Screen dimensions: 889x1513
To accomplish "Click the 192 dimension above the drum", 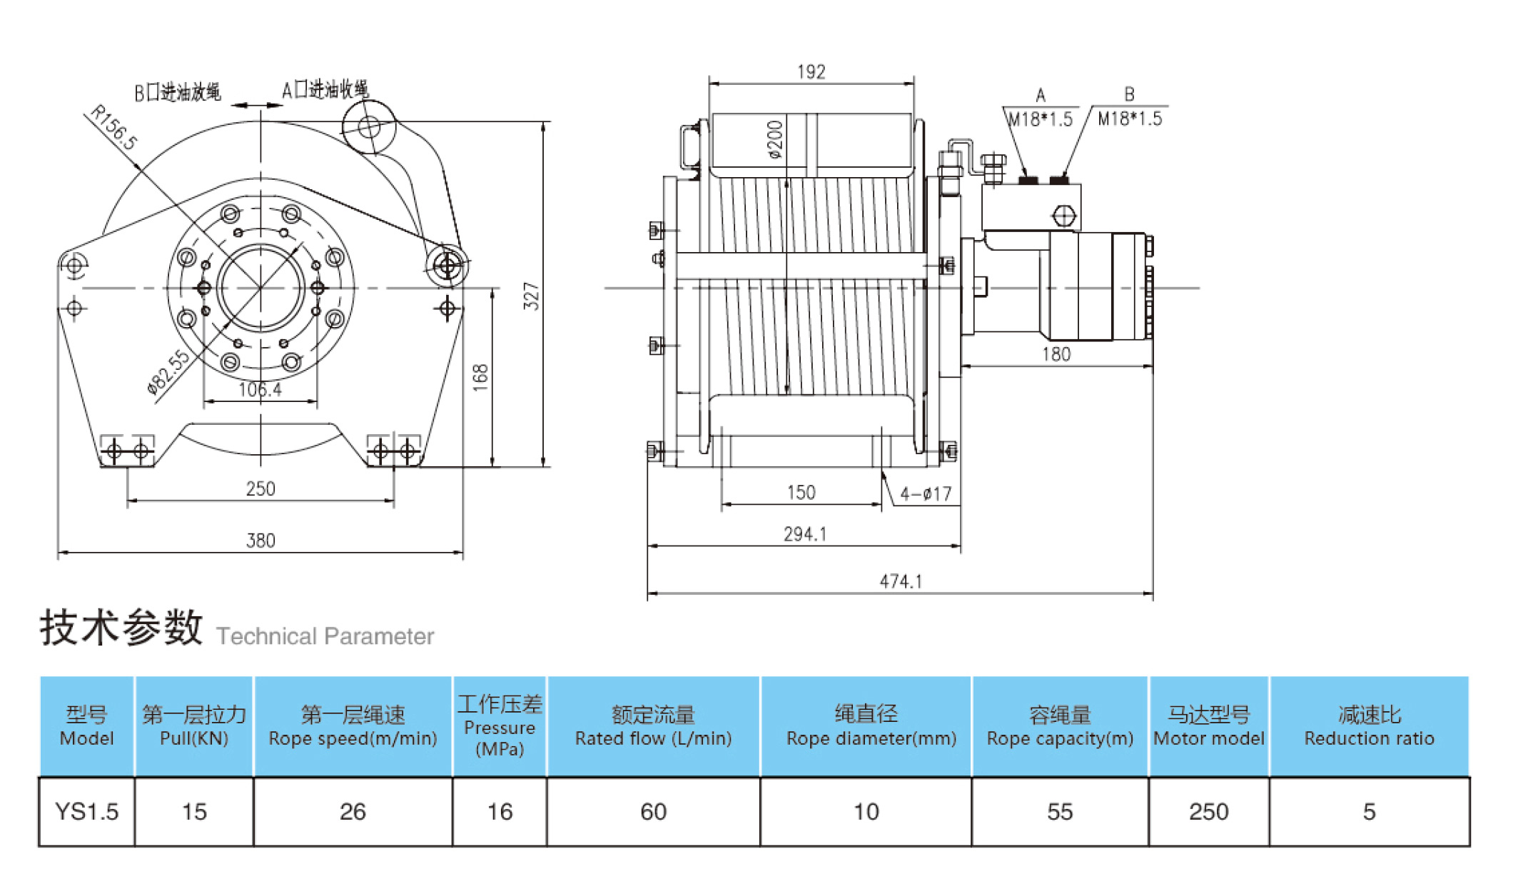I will tap(811, 72).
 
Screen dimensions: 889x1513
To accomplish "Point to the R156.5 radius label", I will tap(114, 127).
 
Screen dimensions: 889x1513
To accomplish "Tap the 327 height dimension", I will tap(531, 296).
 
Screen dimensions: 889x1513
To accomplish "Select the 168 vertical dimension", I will tap(480, 377).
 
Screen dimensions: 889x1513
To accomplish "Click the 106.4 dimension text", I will tap(260, 390).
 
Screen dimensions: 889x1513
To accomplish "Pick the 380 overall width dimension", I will tap(260, 541).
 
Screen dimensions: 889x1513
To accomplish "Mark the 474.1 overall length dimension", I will tap(900, 582).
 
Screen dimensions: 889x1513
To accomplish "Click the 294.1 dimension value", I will tap(804, 534).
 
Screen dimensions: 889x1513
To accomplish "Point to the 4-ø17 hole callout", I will tap(926, 494).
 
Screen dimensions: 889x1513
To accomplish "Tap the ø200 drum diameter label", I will tap(775, 139).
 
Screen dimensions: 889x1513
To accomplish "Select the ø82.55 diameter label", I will tap(168, 372).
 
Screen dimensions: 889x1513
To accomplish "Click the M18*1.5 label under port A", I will tap(1041, 119).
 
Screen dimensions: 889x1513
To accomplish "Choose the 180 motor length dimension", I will tap(1056, 354).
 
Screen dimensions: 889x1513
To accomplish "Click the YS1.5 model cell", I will tap(86, 812).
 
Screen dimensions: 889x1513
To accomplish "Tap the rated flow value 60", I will tap(653, 812).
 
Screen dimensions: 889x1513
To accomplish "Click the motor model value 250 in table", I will tap(1208, 812).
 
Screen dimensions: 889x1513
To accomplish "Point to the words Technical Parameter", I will tap(325, 636).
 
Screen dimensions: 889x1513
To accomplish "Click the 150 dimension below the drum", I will tap(801, 493).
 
